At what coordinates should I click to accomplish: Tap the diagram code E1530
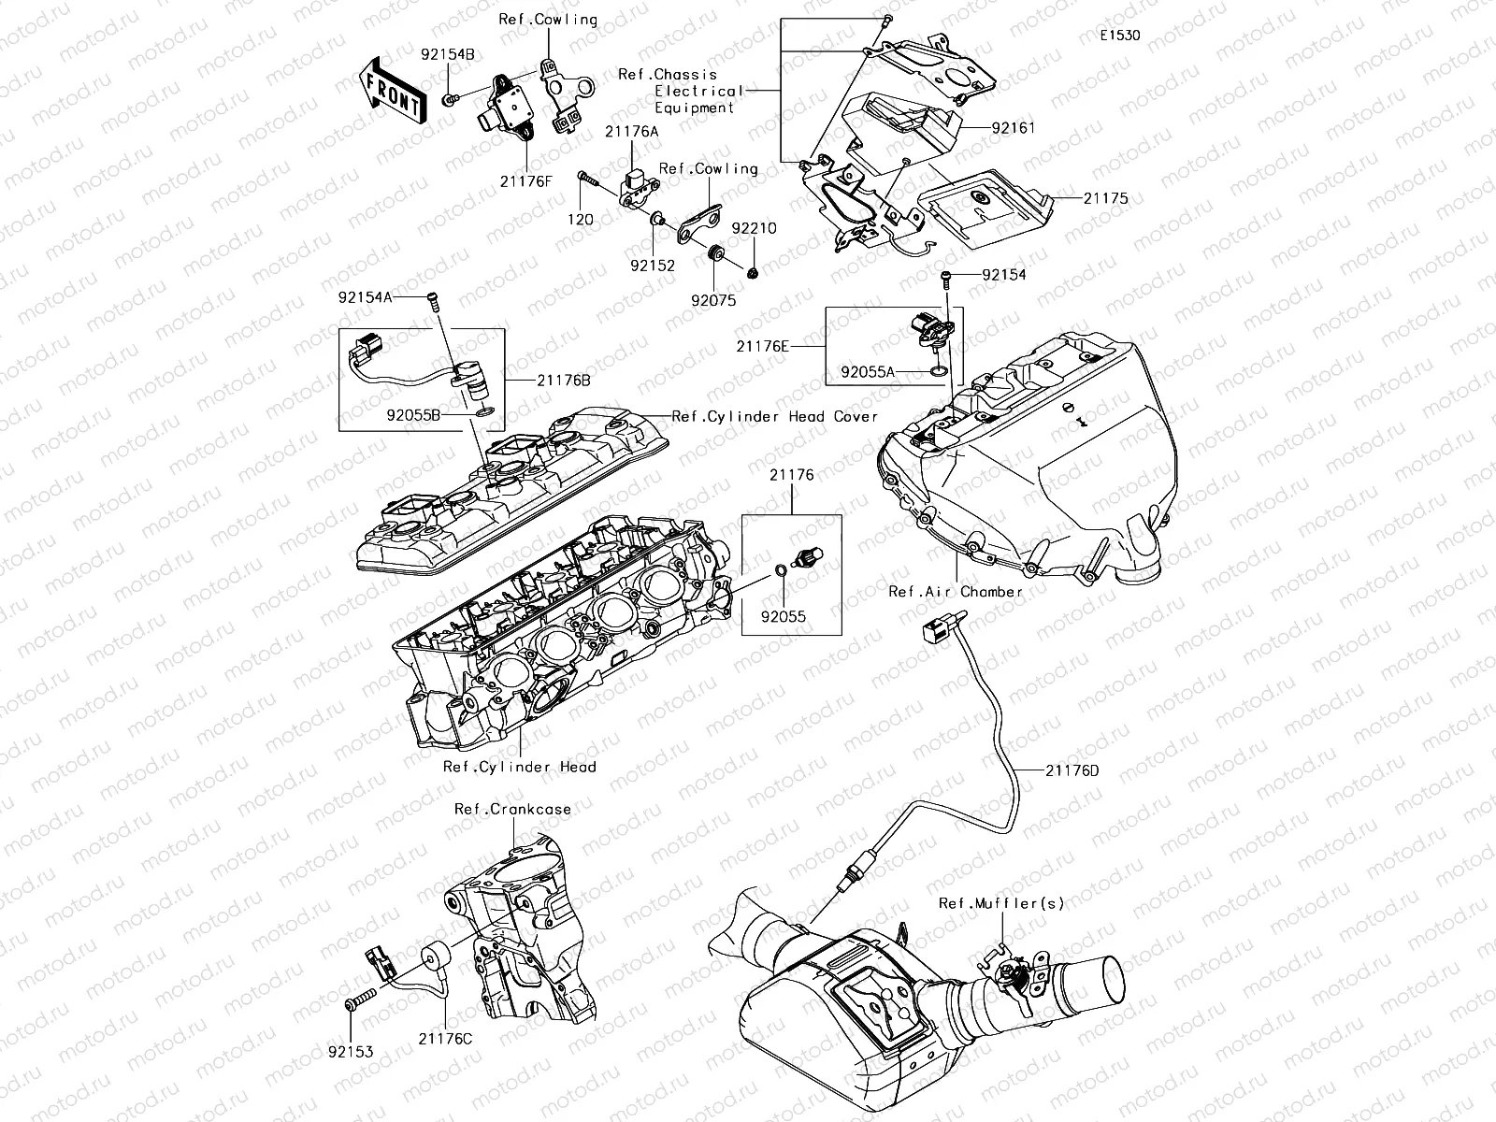tap(1119, 36)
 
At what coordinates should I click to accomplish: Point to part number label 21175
tap(1105, 198)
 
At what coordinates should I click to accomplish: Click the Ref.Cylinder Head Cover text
tap(775, 416)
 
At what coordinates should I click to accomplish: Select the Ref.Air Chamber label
tap(956, 592)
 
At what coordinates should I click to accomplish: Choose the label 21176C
tap(445, 1039)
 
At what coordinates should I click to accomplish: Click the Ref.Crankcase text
tap(512, 810)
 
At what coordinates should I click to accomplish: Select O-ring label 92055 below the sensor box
tap(783, 617)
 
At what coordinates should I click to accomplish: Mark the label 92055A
tap(867, 372)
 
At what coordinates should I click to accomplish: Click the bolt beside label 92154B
tap(450, 97)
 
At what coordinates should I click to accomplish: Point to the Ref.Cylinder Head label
tap(519, 767)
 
